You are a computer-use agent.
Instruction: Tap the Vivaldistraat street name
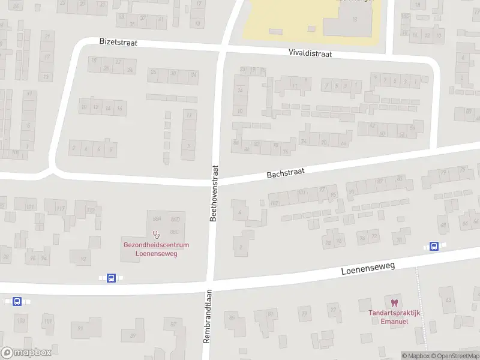(x=310, y=53)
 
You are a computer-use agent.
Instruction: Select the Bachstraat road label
(x=286, y=173)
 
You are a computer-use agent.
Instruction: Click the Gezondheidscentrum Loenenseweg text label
(x=156, y=249)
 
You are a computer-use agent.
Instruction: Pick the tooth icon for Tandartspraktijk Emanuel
(x=394, y=303)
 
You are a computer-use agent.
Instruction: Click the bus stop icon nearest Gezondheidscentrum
(x=111, y=278)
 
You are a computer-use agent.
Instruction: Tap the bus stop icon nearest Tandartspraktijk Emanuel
(x=434, y=246)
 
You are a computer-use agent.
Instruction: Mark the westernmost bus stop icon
(x=17, y=301)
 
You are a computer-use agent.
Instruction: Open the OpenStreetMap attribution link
(x=454, y=356)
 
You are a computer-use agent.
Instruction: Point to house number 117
(x=60, y=209)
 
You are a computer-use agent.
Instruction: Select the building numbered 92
(x=82, y=259)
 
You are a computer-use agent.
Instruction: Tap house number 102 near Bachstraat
(x=275, y=203)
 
